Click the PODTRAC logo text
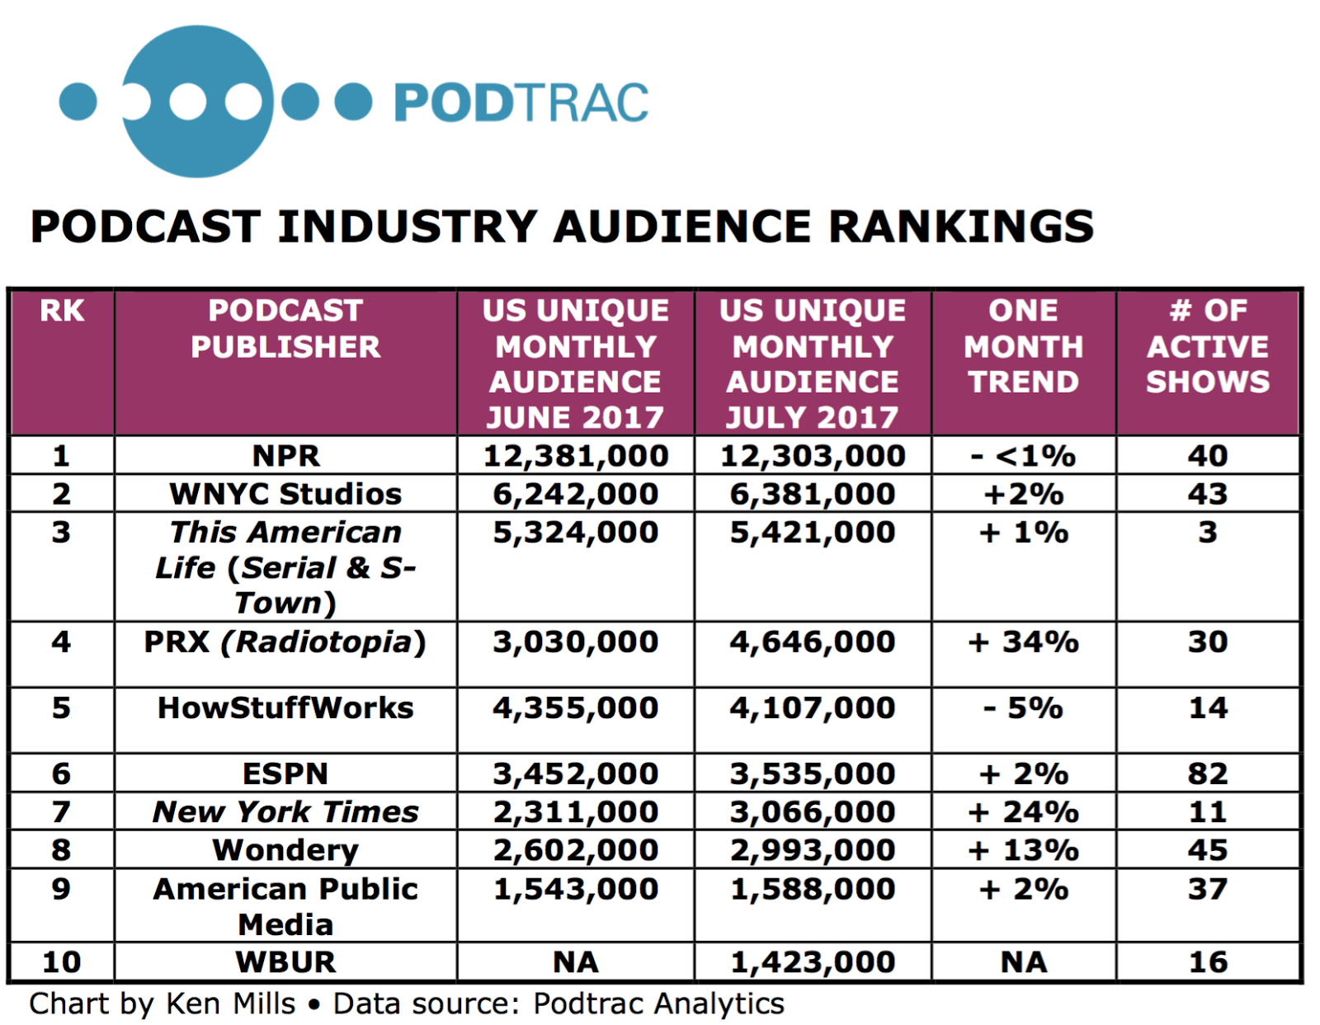(521, 102)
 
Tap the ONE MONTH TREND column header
(1023, 346)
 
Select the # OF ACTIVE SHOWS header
(1207, 346)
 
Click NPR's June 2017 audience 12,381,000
(575, 456)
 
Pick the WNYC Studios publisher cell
(285, 494)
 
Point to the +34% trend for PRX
(1023, 642)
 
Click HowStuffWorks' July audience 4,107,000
(812, 708)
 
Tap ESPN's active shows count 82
(1207, 773)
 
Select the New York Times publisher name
(285, 812)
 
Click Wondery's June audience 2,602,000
(575, 850)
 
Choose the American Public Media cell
(285, 905)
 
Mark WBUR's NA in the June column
(575, 962)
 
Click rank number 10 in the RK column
(61, 962)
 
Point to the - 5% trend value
(1023, 708)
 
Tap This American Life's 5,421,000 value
(812, 533)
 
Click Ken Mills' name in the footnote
(230, 1004)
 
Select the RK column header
(62, 311)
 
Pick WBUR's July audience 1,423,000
(812, 962)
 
